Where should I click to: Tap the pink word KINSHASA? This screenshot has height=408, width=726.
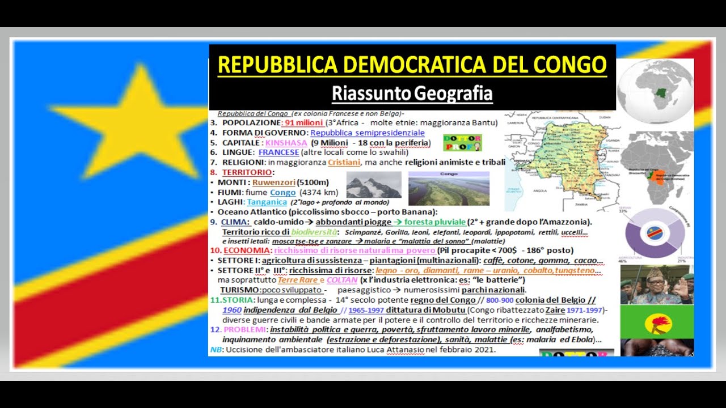coord(286,143)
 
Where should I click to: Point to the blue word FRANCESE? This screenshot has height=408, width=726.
coord(278,152)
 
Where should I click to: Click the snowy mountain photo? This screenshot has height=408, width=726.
coord(373,185)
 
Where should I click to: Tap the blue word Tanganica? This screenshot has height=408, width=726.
coord(267,202)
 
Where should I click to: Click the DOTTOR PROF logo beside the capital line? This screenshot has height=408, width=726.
coord(462,142)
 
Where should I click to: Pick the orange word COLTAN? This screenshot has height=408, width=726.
coord(342,280)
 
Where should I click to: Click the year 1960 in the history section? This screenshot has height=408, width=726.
coord(232,310)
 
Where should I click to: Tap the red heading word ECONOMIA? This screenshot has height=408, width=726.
coord(246,250)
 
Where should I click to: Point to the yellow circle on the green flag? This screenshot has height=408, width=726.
coord(657,324)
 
